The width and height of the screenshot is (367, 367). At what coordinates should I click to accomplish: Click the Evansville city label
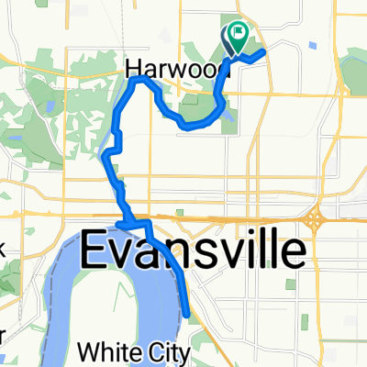tap(194, 250)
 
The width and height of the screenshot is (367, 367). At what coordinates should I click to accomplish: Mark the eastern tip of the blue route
tap(264, 51)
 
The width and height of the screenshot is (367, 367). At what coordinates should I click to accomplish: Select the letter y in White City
tap(187, 354)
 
